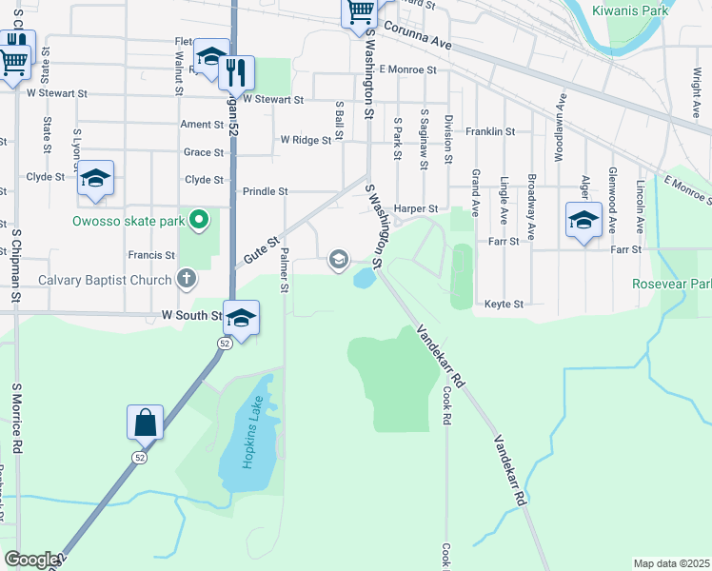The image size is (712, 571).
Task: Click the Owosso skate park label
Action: coord(129,222)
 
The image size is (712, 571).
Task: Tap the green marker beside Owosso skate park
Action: coord(199,222)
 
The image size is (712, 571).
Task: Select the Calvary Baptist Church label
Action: coord(89,280)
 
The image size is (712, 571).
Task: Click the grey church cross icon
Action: coord(188,280)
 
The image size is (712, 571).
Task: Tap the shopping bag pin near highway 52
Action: coord(145,422)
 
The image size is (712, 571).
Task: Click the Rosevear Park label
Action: coord(672,285)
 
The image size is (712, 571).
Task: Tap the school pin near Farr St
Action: coord(583,221)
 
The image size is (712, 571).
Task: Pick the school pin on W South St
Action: coord(242,318)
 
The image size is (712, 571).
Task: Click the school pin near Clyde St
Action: coord(95,179)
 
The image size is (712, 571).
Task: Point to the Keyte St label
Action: coord(504,305)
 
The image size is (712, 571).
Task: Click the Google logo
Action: coord(31,560)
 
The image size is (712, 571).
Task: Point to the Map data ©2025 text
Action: coord(670,563)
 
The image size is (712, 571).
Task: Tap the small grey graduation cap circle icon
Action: coord(338,259)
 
